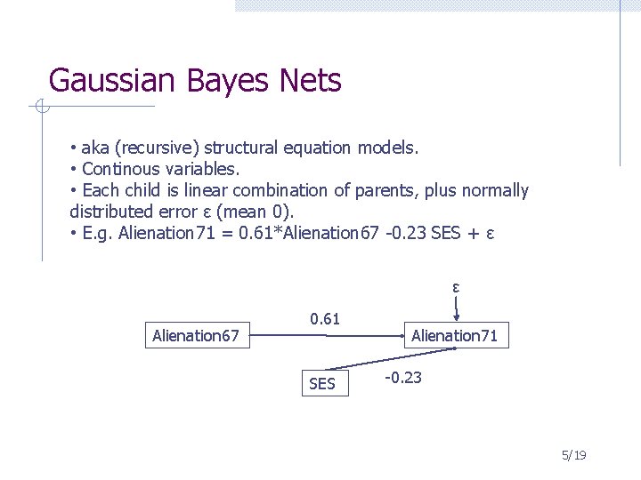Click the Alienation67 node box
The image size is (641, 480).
(196, 336)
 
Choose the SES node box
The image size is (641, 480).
(321, 384)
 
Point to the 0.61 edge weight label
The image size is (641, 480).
(325, 318)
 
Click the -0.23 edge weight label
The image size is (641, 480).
(402, 378)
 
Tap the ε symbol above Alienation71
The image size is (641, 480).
(456, 287)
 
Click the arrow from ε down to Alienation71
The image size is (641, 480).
(456, 308)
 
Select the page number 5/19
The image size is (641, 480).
(573, 455)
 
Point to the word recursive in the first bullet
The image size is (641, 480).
(150, 146)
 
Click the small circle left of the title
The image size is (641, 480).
(40, 108)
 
